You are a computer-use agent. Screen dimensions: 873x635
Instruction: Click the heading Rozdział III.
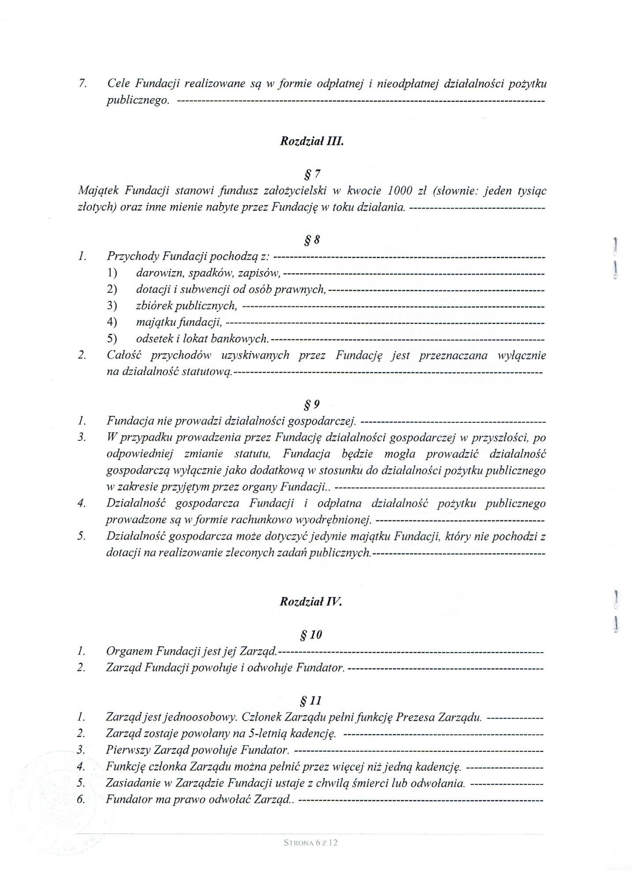tap(311, 142)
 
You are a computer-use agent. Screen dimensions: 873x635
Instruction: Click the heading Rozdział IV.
tap(311, 601)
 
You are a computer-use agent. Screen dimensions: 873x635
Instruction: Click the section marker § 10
tap(311, 634)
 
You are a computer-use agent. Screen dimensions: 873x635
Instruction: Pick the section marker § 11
tap(310, 700)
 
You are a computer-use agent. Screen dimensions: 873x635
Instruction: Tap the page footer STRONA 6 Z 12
tap(311, 842)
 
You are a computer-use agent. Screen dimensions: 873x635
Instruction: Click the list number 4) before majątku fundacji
tap(112, 322)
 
